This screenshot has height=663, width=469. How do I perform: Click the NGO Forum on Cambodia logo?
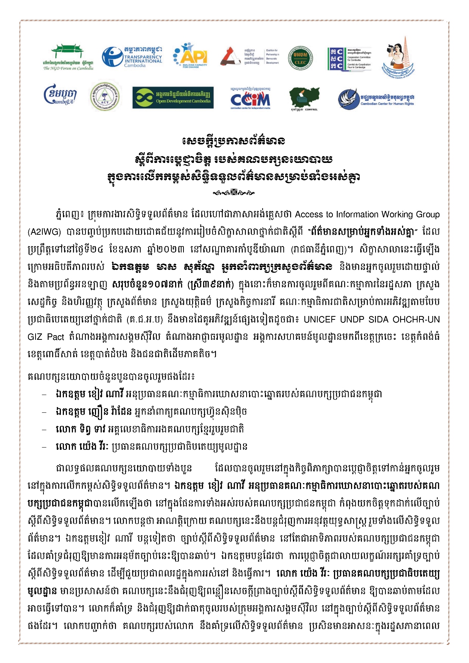(68, 57)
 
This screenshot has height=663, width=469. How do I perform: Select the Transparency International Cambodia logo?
(132, 57)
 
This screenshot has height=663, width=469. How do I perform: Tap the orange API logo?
(190, 56)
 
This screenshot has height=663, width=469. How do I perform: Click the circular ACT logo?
(105, 96)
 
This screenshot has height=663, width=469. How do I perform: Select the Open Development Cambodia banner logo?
(173, 98)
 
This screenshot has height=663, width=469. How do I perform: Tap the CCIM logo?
(250, 99)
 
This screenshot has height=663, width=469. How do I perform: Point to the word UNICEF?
(320, 319)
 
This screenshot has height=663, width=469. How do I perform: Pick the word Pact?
(56, 337)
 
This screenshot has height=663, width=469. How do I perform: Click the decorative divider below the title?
(234, 193)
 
